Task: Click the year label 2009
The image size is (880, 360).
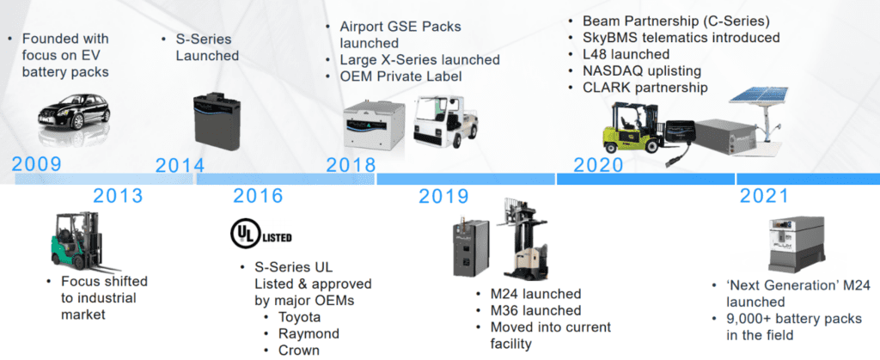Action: pos(36,164)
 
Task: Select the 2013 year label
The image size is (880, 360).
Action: pos(118,196)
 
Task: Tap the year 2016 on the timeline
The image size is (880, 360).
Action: pos(258,196)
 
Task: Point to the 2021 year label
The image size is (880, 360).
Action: pos(764,196)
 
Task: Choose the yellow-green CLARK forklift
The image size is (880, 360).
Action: pos(633,128)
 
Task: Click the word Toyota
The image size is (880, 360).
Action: pos(300,317)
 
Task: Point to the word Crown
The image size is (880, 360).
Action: pos(299,351)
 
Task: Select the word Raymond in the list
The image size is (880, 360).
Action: pos(309,333)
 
